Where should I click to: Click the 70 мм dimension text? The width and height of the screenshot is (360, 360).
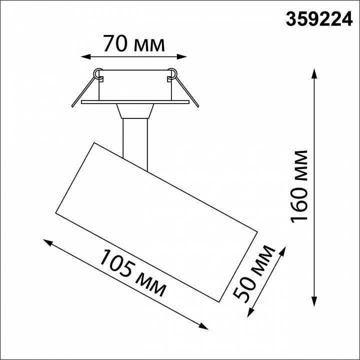[133, 44]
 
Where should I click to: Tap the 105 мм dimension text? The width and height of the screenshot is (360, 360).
[132, 272]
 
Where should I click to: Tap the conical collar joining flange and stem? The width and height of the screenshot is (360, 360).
[134, 110]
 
